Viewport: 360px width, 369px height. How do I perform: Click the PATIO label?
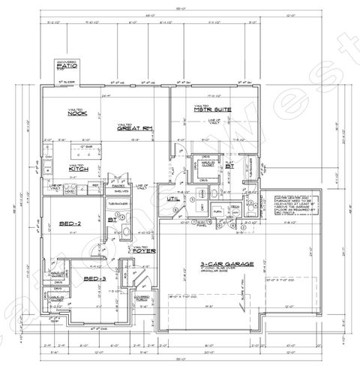pyautogui.click(x=65, y=67)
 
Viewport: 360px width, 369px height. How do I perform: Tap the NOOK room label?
pyautogui.click(x=76, y=113)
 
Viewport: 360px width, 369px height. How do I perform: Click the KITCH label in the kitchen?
pyautogui.click(x=79, y=169)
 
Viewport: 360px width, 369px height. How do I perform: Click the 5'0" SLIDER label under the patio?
pyautogui.click(x=65, y=77)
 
